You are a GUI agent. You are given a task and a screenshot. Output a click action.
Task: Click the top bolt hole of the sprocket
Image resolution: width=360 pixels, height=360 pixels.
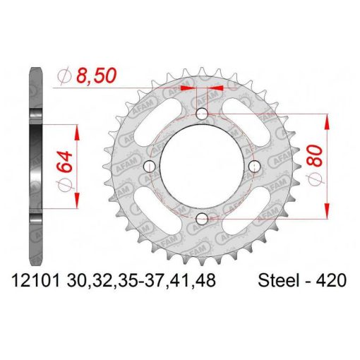pyautogui.click(x=202, y=114)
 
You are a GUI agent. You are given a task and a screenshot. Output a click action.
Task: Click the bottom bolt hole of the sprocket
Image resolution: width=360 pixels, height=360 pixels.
pyautogui.click(x=202, y=219)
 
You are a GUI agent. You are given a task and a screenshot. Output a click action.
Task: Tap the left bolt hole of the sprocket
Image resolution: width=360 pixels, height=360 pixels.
pyautogui.click(x=150, y=167)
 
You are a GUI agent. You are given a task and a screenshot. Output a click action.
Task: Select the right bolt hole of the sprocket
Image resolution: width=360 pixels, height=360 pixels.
pyautogui.click(x=255, y=167)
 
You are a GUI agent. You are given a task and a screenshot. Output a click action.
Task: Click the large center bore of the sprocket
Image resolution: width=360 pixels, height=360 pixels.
pyautogui.click(x=201, y=167)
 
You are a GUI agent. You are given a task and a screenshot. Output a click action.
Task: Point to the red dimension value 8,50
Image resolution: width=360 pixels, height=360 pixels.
pyautogui.click(x=96, y=76)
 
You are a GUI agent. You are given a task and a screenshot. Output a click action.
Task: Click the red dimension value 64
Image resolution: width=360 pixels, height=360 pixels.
pyautogui.click(x=64, y=162)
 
